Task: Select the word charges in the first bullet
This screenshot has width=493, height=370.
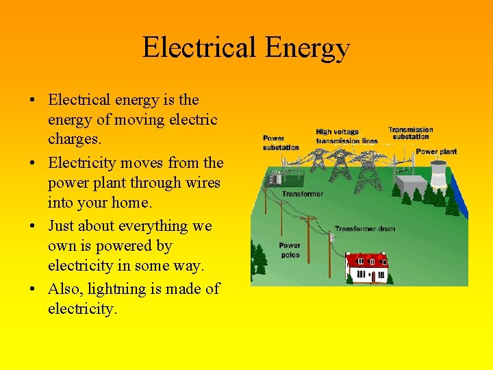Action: [x=73, y=139]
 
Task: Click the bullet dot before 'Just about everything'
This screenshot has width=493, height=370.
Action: [x=34, y=227]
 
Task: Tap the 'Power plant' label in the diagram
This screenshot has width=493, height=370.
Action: [x=436, y=151]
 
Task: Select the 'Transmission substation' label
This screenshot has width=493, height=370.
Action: [x=411, y=133]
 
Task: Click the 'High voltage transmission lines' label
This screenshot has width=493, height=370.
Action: [x=346, y=136]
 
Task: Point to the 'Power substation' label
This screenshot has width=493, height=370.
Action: [x=281, y=143]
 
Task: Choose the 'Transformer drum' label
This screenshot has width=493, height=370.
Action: [x=364, y=229]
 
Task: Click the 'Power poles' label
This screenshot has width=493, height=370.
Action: [x=289, y=250]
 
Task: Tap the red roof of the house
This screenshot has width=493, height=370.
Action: [x=366, y=260]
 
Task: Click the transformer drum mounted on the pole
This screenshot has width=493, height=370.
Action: [x=331, y=236]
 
